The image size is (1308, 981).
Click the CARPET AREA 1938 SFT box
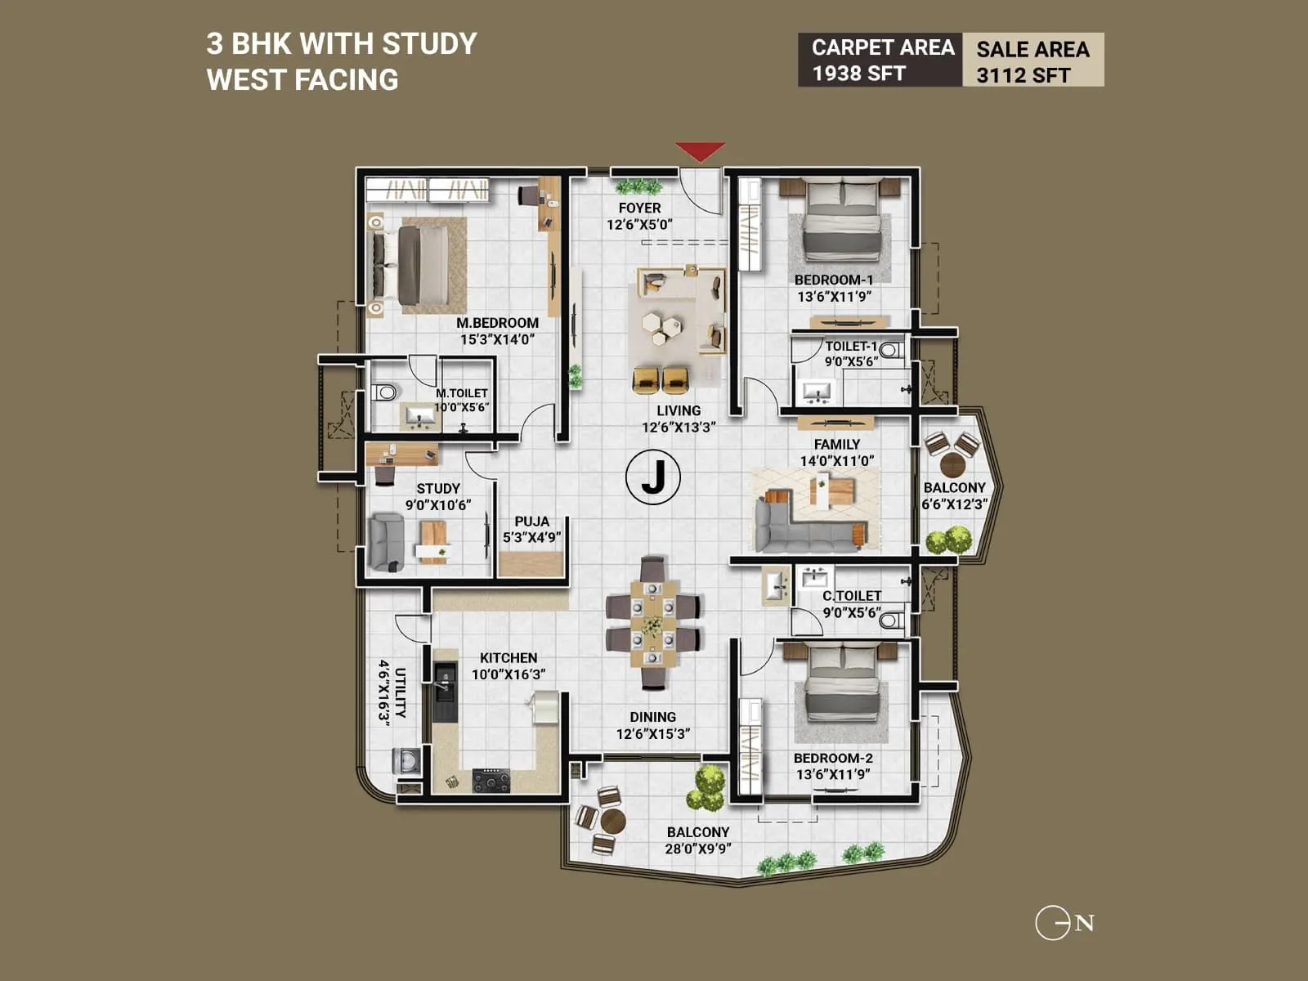pyautogui.click(x=880, y=60)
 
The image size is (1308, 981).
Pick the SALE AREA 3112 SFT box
pyautogui.click(x=1033, y=60)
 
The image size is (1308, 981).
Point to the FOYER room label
pyautogui.click(x=639, y=208)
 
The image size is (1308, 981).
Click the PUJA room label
pyautogui.click(x=531, y=522)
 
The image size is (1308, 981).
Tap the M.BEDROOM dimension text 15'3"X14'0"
pyautogui.click(x=497, y=339)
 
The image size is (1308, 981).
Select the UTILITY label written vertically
pyautogui.click(x=400, y=693)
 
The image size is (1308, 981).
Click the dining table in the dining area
pyautogui.click(x=652, y=624)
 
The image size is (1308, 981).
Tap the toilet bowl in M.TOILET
pyautogui.click(x=383, y=392)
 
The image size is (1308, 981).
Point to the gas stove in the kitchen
pyautogui.click(x=490, y=782)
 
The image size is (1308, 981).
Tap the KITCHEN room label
pyautogui.click(x=508, y=658)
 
